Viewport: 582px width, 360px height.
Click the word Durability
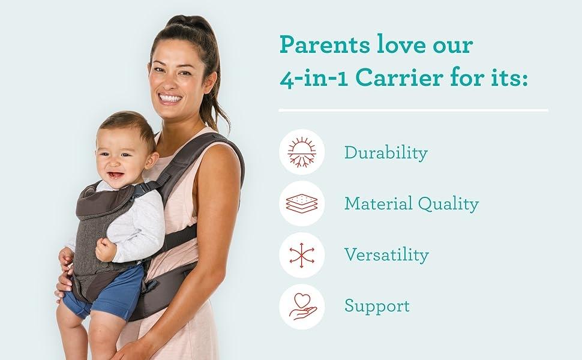(x=385, y=153)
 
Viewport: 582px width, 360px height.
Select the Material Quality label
(x=411, y=204)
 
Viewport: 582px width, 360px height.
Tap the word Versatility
(x=386, y=255)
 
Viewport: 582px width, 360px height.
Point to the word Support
(x=377, y=306)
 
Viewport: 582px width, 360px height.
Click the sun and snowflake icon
(x=302, y=152)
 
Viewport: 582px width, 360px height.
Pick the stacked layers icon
(x=302, y=203)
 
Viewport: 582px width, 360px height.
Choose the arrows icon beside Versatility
(x=302, y=254)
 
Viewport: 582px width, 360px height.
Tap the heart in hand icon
(x=302, y=306)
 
